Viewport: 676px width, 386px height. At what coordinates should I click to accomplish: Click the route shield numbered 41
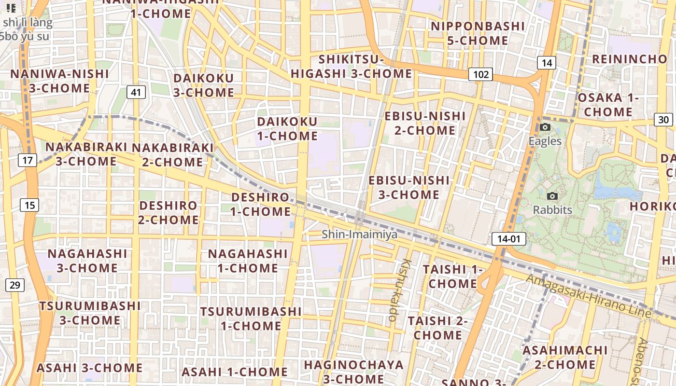click(x=137, y=92)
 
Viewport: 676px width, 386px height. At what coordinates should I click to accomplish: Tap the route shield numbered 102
click(x=480, y=74)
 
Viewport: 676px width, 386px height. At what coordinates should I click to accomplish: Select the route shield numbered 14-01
click(x=509, y=238)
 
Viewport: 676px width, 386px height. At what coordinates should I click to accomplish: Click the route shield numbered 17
click(x=28, y=160)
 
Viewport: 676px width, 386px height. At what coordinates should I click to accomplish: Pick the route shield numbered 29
click(x=15, y=285)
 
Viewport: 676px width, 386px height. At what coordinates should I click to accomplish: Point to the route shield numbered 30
click(x=663, y=120)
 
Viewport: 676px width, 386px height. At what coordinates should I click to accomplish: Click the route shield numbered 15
click(x=29, y=205)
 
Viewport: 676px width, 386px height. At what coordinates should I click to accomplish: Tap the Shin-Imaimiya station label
click(x=360, y=234)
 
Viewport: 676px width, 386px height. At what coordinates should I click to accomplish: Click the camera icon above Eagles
click(x=545, y=127)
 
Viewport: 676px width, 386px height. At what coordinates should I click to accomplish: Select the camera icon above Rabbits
click(x=552, y=196)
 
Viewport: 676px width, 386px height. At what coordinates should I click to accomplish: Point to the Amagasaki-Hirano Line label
click(x=588, y=296)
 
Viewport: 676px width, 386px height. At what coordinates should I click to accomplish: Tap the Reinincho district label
click(x=629, y=59)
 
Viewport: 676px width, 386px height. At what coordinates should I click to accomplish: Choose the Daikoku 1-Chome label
click(x=287, y=129)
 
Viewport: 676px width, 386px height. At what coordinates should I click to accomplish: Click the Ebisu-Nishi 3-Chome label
click(x=409, y=187)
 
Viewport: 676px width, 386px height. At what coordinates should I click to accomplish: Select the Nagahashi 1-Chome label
click(x=248, y=261)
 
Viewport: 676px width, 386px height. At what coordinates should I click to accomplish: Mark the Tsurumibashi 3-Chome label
click(x=90, y=313)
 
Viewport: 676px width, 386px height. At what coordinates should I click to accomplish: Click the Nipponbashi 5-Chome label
click(x=477, y=33)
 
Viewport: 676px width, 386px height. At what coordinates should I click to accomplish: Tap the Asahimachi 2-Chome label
click(x=565, y=357)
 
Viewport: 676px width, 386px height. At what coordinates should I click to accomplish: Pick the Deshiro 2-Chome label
click(x=169, y=213)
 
